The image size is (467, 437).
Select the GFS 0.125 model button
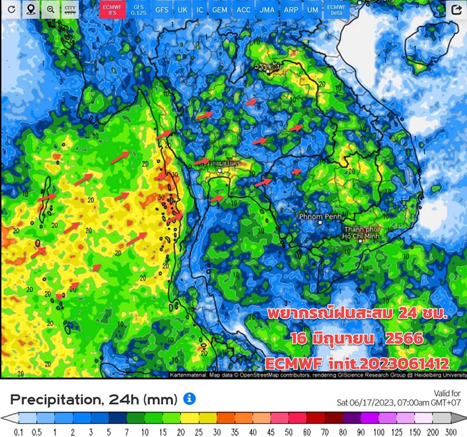(138, 10)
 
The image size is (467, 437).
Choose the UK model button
(182, 10)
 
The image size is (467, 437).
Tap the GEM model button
(219, 10)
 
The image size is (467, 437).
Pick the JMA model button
(267, 10)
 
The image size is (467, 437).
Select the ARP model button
(290, 10)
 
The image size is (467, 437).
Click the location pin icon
(30, 10)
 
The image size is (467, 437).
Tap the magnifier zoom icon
(51, 10)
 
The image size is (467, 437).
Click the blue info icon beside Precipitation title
(189, 399)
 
